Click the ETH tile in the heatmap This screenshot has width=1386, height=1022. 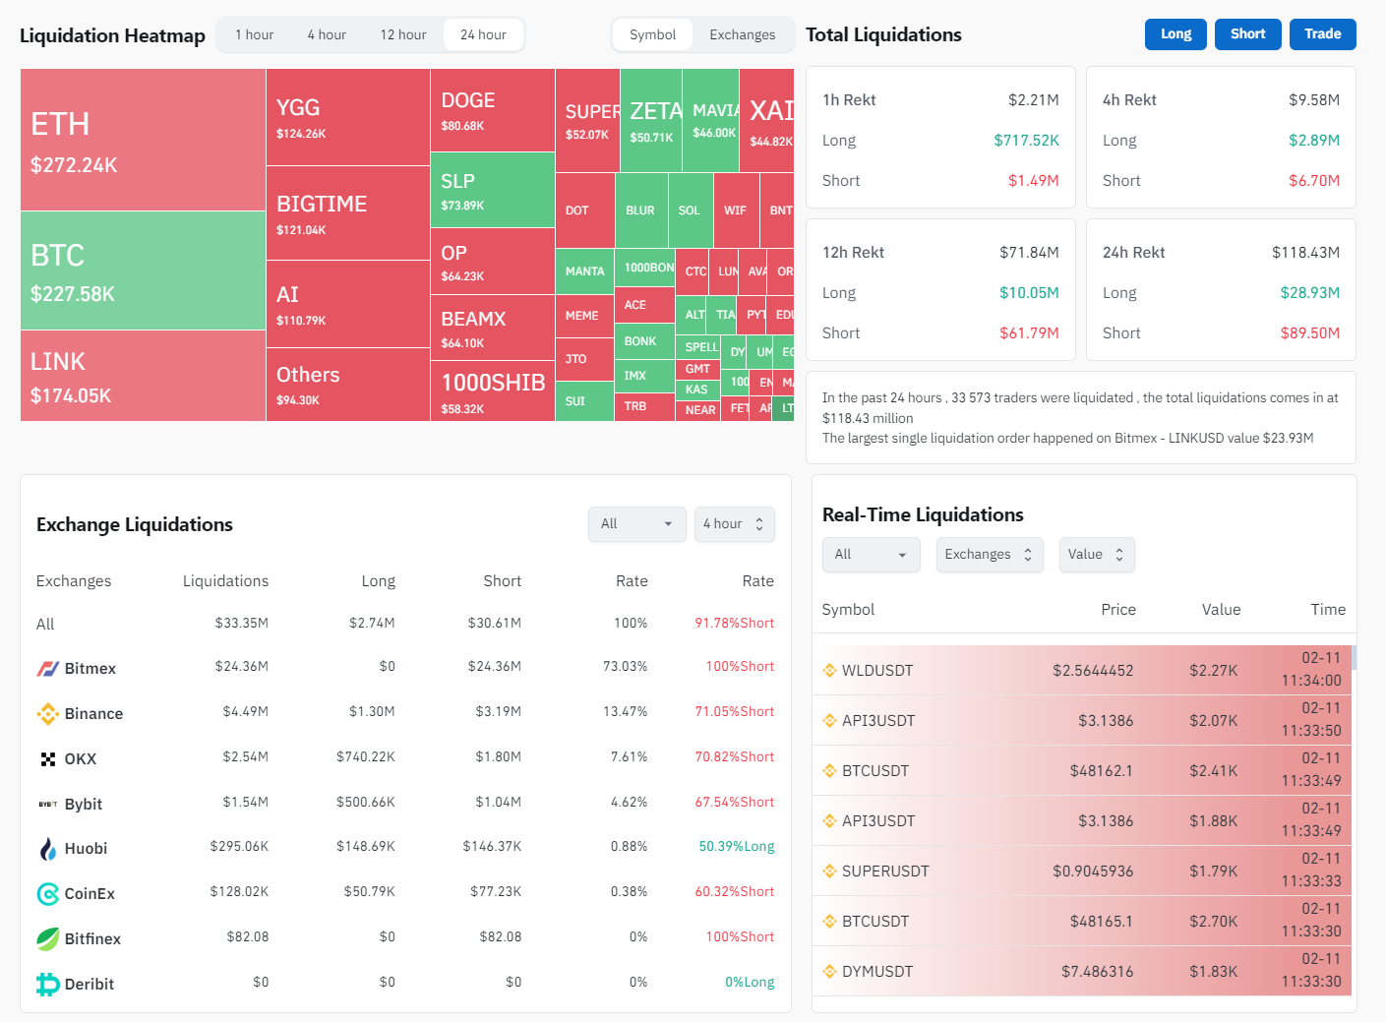pos(143,140)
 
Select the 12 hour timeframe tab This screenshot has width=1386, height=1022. pos(403,34)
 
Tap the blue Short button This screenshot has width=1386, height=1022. pos(1247,33)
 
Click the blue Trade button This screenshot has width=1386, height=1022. pos(1322,33)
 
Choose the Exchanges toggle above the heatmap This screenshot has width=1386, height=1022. pos(742,34)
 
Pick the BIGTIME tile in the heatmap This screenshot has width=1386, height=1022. pos(347,212)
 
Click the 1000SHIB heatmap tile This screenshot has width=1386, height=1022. pos(492,391)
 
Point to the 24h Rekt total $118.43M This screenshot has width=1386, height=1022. pos(1305,253)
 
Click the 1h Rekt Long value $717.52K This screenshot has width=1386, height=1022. pos(1026,141)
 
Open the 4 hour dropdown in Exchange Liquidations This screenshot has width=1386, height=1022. pos(734,524)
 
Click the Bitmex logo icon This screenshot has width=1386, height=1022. pos(47,669)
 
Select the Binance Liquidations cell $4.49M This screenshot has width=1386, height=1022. pos(245,712)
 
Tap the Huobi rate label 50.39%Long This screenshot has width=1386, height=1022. pos(736,847)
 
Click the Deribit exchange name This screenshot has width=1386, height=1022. pos(90,984)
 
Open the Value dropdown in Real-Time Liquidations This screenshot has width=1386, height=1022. pos(1096,555)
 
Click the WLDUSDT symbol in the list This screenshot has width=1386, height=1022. pos(877,671)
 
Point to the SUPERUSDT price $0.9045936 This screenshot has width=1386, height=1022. pos(1092,872)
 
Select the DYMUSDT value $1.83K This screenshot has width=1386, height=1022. pos(1213,972)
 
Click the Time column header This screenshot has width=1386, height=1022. pos(1327,610)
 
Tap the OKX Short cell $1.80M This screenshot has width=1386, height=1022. pos(498,757)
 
